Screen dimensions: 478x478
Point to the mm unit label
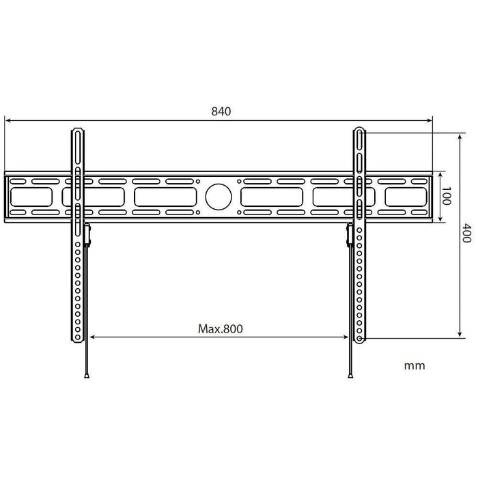[414, 366]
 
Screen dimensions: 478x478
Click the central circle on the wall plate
[218, 196]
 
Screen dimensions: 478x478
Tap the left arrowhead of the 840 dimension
[8, 122]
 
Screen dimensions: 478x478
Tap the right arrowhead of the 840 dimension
[430, 122]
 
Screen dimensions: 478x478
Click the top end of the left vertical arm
[79, 128]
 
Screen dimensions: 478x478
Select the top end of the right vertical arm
[361, 128]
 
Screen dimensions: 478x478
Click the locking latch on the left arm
[87, 232]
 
